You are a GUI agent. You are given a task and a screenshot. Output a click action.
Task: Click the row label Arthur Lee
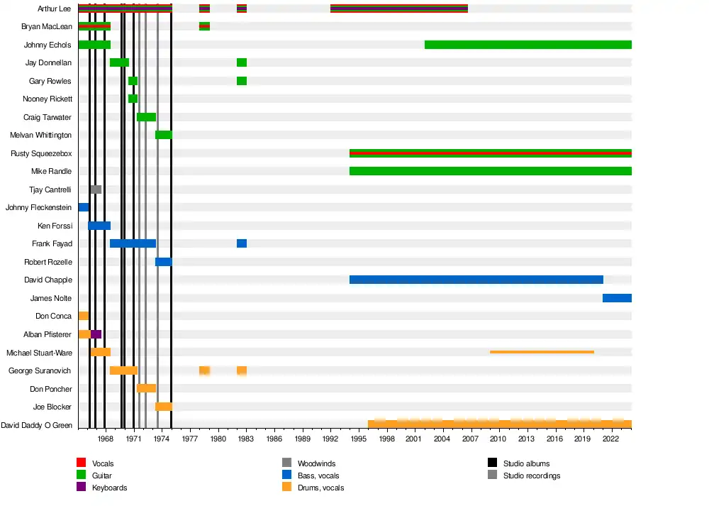[54, 9]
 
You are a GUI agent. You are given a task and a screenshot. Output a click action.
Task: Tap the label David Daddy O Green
[37, 425]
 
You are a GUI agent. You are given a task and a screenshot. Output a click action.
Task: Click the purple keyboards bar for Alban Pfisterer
[96, 334]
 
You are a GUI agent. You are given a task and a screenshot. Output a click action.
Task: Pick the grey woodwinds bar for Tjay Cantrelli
[96, 189]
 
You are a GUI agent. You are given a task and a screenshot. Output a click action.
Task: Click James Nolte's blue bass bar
[617, 298]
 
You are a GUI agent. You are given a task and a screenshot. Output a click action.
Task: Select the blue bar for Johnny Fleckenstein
[84, 207]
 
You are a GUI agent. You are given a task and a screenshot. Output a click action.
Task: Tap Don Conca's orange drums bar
[84, 316]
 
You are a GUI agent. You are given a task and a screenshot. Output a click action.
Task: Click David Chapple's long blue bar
[476, 280]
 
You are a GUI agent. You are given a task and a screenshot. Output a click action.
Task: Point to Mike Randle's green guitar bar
[490, 171]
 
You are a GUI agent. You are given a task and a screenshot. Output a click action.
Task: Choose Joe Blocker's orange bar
[164, 407]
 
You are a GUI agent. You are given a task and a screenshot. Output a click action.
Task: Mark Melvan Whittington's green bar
[164, 135]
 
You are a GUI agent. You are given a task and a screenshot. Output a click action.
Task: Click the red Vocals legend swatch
[81, 463]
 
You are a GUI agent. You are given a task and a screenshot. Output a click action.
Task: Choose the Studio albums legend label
[526, 463]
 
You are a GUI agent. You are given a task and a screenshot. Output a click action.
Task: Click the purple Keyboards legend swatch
[81, 488]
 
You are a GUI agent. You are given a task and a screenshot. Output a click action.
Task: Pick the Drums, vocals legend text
[321, 488]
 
